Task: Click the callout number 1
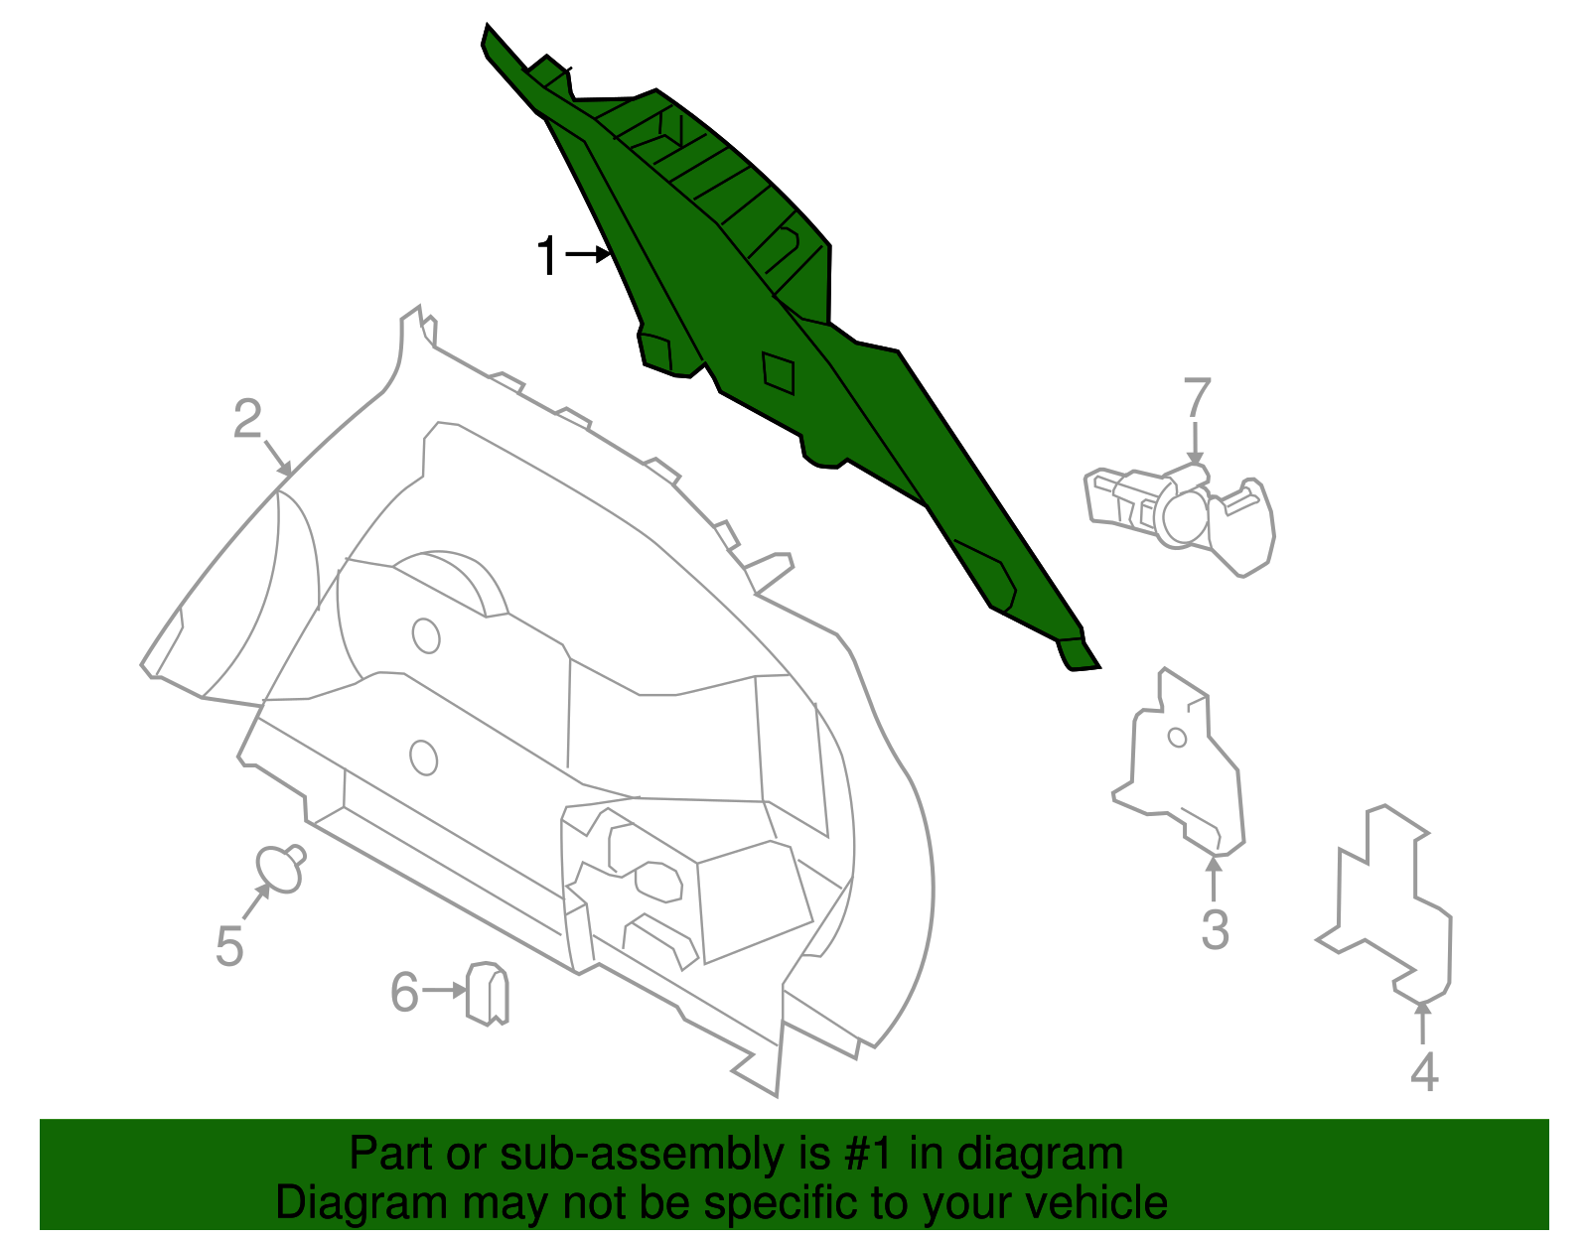pyautogui.click(x=547, y=255)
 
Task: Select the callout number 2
pyautogui.click(x=247, y=419)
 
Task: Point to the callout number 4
pyautogui.click(x=1424, y=1072)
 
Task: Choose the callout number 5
pyautogui.click(x=228, y=945)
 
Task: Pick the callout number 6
pyautogui.click(x=404, y=992)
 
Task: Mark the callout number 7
pyautogui.click(x=1197, y=397)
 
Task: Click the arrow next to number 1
pyautogui.click(x=588, y=254)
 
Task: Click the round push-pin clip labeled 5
pyautogui.click(x=281, y=869)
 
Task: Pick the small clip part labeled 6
pyautogui.click(x=487, y=994)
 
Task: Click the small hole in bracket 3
pyautogui.click(x=1177, y=738)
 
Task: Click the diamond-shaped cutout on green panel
pyautogui.click(x=778, y=372)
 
